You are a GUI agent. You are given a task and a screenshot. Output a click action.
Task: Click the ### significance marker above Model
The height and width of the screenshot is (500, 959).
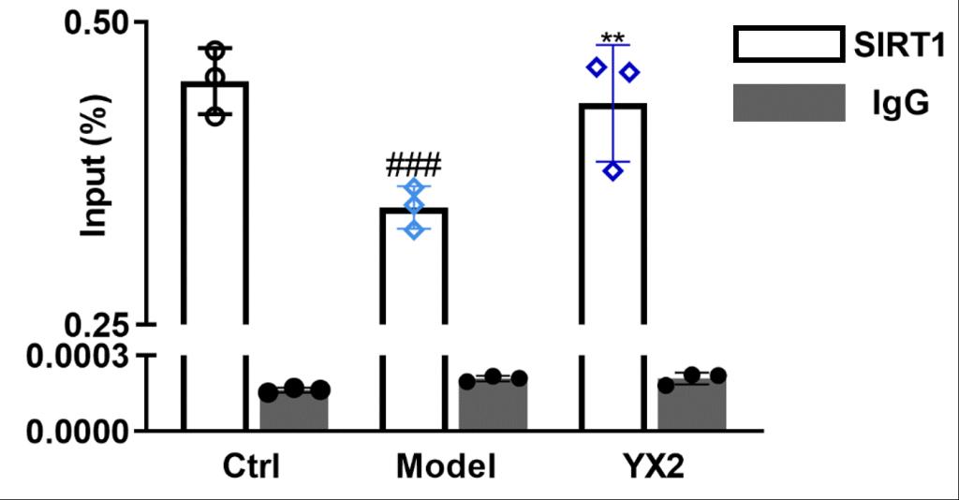413,167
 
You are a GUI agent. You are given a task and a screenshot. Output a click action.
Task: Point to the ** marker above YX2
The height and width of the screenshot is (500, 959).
613,39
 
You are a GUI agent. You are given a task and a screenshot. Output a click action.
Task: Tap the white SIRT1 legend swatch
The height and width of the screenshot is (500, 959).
786,45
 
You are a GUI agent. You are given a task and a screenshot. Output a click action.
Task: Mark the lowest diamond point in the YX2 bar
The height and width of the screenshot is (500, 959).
613,170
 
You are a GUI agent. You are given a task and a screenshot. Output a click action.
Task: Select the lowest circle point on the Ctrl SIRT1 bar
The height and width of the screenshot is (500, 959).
215,116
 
